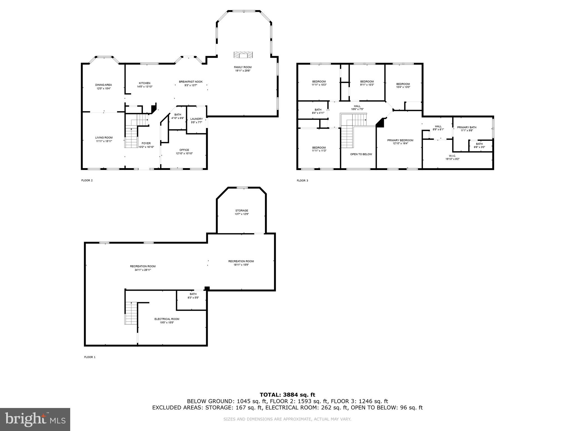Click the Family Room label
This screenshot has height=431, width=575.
click(x=243, y=67)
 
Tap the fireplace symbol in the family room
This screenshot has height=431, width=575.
click(x=243, y=55)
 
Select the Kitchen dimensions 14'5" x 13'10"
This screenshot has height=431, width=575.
click(x=145, y=87)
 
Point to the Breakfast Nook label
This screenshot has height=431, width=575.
click(x=191, y=82)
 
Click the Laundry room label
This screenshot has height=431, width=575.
click(x=196, y=119)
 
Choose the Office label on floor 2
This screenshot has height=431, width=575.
click(x=184, y=150)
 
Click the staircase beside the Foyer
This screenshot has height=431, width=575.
click(x=131, y=137)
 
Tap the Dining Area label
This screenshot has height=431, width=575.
click(x=103, y=85)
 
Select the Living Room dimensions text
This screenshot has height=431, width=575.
click(x=104, y=141)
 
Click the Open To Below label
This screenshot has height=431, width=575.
click(x=361, y=154)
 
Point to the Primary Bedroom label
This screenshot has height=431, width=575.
click(x=400, y=140)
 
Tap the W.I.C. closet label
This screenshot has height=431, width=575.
click(x=452, y=156)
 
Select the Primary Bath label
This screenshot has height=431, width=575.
click(x=467, y=127)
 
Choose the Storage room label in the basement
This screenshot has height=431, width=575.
click(x=241, y=210)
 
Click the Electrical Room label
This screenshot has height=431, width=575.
click(x=167, y=319)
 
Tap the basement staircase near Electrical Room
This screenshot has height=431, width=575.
click(x=131, y=313)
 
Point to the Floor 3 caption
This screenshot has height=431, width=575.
click(x=302, y=180)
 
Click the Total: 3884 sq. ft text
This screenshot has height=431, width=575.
click(x=287, y=395)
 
